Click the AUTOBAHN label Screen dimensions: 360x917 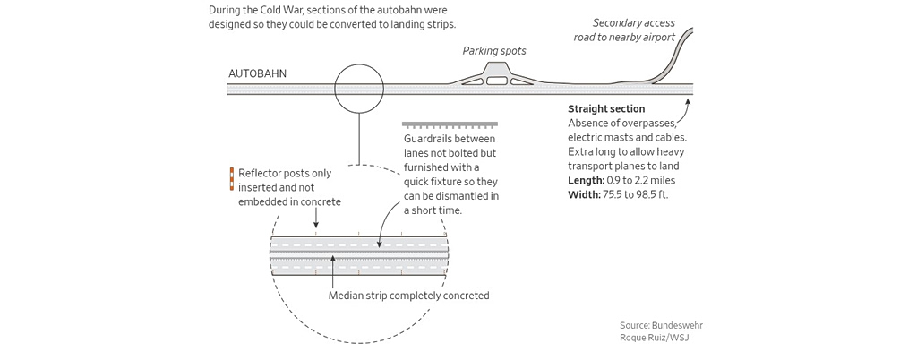click(x=258, y=73)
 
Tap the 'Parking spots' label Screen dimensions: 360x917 click(x=493, y=51)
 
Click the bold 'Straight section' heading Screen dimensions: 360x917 click(x=606, y=109)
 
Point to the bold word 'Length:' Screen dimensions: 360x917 click(x=587, y=180)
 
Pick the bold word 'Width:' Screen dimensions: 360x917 click(x=585, y=194)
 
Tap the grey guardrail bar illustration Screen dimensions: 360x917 click(x=450, y=124)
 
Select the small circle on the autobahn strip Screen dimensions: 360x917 click(x=359, y=89)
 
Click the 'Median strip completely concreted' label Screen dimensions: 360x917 click(x=408, y=296)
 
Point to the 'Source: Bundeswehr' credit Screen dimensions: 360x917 click(x=655, y=324)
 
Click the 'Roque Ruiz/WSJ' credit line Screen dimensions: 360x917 click(x=654, y=338)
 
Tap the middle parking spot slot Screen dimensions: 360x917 click(x=496, y=81)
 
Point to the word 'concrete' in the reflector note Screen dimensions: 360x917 click(x=320, y=202)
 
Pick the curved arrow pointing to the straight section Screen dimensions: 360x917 click(x=685, y=111)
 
